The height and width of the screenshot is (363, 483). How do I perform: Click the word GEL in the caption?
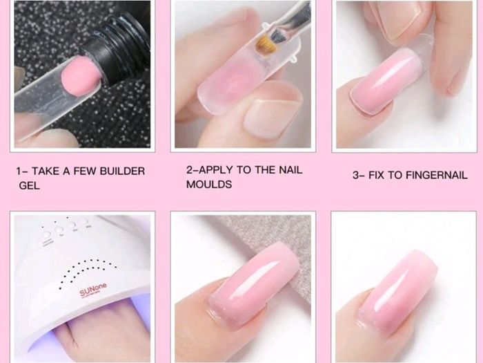29,185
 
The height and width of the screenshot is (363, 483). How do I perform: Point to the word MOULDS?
209,185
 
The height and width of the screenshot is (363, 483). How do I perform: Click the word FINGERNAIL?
437,176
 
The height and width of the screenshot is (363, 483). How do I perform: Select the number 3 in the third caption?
356,176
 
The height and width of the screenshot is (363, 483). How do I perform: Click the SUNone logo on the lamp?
93,289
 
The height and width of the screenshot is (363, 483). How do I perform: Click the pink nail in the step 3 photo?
385,82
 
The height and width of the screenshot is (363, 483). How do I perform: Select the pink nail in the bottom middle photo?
253,284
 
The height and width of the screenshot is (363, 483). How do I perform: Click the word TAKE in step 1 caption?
46,171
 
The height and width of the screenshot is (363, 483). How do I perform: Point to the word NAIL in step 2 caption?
290,170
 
